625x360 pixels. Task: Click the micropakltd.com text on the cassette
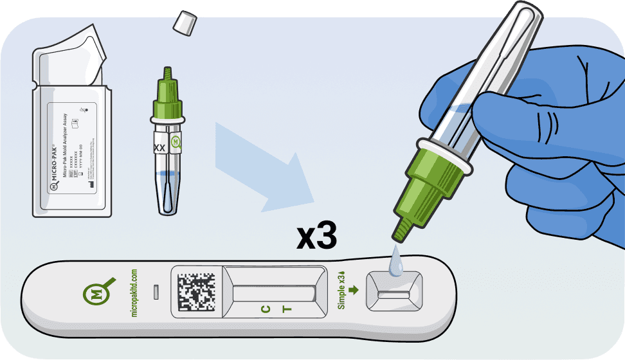pos(135,293)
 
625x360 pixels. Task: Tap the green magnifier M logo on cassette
pos(97,293)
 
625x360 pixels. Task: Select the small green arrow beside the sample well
pos(353,290)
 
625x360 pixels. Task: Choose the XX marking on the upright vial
pos(159,147)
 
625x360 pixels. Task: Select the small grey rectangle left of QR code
pos(156,293)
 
